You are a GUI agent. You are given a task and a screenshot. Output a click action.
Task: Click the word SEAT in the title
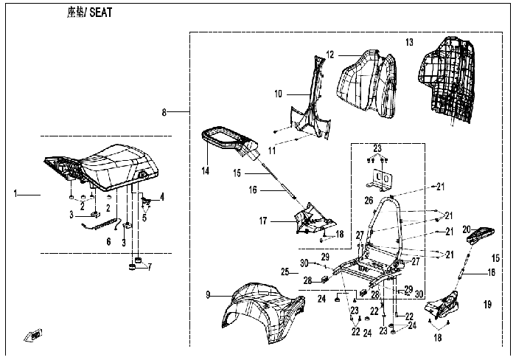click(101, 13)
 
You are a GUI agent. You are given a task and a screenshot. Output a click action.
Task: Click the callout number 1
click(15, 193)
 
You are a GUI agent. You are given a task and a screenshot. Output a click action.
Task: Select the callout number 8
click(164, 112)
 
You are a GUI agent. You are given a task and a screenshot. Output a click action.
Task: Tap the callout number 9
click(208, 295)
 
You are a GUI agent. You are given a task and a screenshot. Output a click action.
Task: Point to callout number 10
click(279, 94)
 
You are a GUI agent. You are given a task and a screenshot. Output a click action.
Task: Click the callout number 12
click(330, 55)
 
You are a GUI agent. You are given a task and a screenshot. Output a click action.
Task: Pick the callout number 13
click(409, 42)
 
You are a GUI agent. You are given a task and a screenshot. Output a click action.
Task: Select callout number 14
click(206, 170)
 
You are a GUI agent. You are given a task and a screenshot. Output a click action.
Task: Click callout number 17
click(263, 221)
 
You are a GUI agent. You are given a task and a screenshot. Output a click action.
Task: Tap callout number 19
click(487, 305)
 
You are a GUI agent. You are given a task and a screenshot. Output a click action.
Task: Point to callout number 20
click(467, 229)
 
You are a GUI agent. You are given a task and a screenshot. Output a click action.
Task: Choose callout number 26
click(369, 200)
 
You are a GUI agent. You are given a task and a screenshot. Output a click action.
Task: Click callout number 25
click(285, 272)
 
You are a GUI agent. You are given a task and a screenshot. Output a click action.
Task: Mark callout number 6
click(108, 242)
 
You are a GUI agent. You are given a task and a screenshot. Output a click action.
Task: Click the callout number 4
click(162, 197)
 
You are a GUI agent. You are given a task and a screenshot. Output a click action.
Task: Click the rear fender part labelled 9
click(263, 311)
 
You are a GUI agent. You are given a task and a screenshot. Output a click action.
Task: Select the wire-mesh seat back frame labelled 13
click(448, 79)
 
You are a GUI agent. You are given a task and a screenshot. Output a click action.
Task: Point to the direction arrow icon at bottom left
click(33, 335)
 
